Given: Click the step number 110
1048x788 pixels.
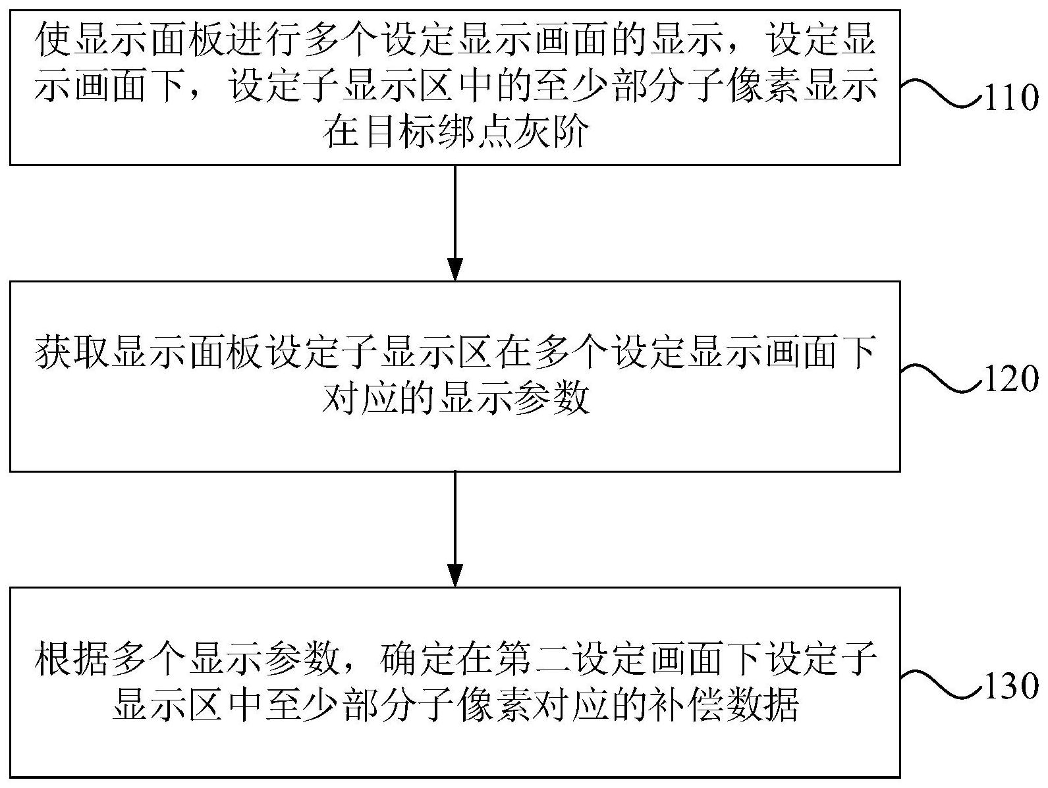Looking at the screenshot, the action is click(1011, 98).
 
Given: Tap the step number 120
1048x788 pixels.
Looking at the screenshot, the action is click(1011, 379).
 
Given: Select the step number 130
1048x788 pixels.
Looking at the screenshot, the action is click(1011, 685).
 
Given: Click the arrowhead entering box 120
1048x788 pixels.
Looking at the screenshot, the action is click(455, 269).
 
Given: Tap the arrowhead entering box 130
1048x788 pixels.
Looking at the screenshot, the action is click(455, 576).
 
